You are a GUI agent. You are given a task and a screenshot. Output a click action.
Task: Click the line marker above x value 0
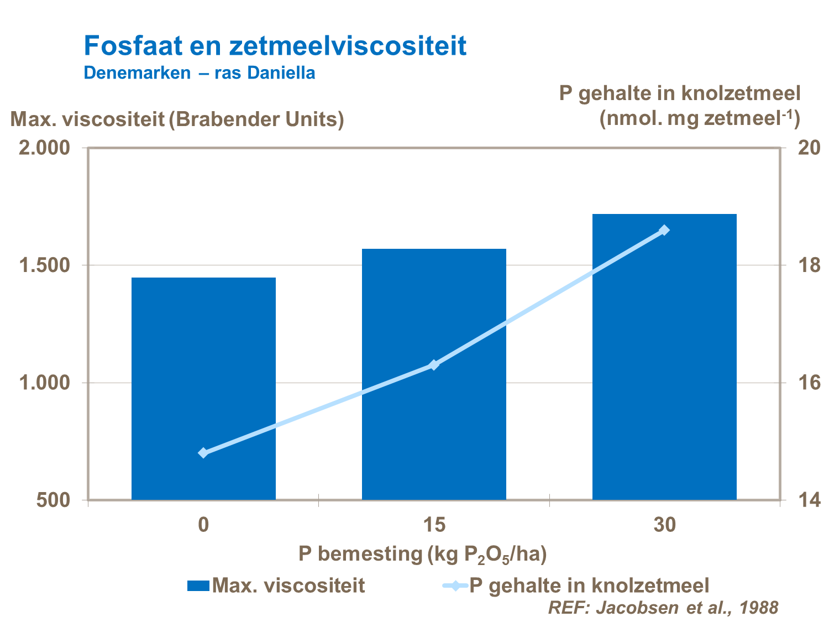click(x=203, y=453)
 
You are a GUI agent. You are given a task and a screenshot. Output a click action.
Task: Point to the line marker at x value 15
click(x=434, y=364)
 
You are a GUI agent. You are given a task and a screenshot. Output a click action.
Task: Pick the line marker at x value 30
click(x=664, y=230)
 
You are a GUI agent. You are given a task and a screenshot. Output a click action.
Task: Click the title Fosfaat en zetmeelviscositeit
click(x=275, y=46)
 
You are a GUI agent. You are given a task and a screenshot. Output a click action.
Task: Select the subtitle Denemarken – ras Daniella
click(x=199, y=73)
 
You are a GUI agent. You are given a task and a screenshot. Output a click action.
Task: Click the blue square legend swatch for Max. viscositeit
click(x=198, y=586)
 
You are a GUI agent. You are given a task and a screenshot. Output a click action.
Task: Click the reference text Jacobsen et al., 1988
click(x=663, y=608)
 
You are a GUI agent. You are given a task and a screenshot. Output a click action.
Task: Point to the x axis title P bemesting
click(x=422, y=554)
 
